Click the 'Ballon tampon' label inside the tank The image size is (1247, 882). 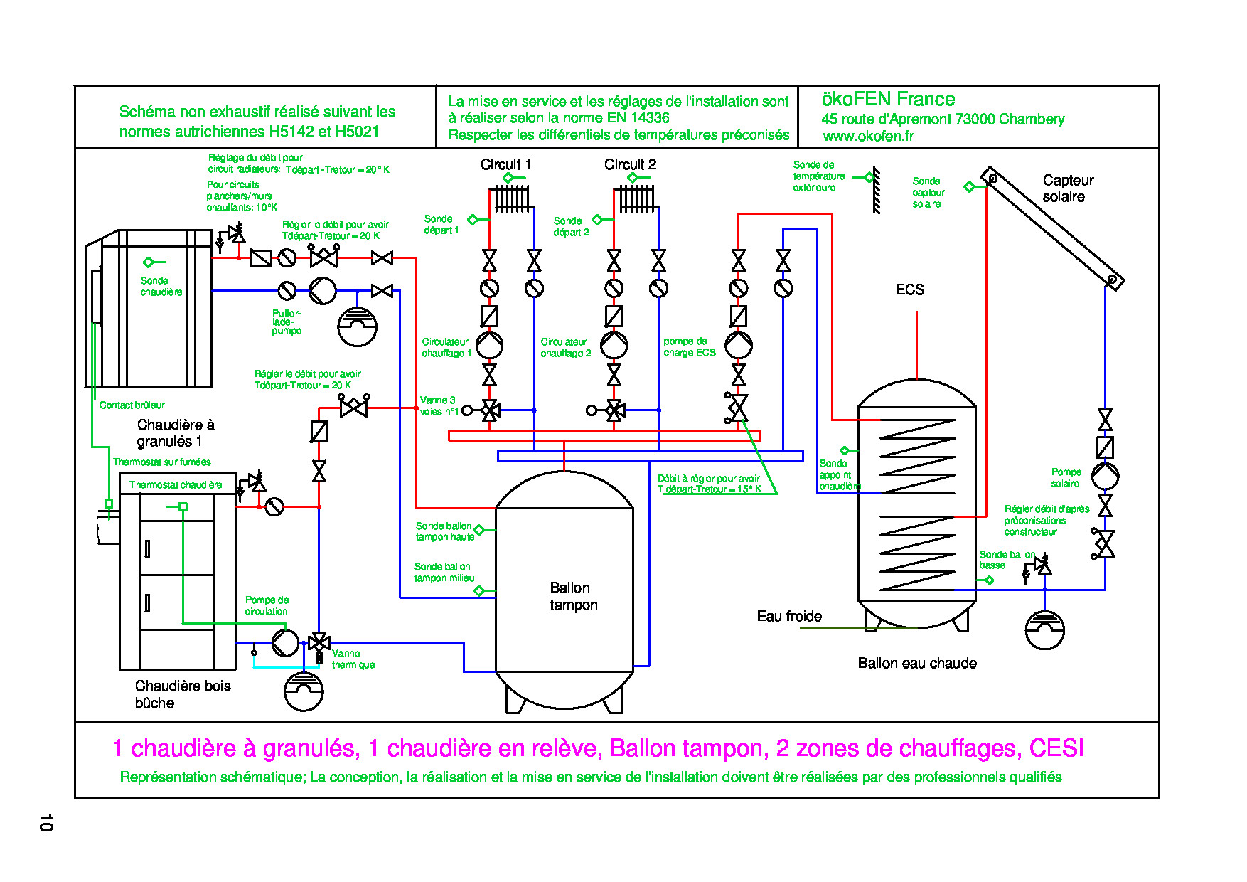point(573,596)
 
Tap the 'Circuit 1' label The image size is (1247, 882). point(505,164)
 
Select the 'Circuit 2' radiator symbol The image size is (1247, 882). point(636,198)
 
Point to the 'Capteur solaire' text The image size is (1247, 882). point(1067,188)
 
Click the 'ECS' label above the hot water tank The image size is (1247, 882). point(909,289)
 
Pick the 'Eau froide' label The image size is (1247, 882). point(789,616)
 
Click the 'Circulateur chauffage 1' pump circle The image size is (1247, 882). point(489,345)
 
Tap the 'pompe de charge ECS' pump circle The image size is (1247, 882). point(739,345)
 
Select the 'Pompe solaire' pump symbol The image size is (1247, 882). point(1105,475)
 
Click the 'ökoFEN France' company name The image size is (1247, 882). point(888,99)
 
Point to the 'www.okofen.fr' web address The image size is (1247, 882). point(868,136)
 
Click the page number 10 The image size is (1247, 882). point(46,822)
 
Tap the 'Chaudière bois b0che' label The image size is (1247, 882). point(183,694)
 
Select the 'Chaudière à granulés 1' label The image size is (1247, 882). point(175,433)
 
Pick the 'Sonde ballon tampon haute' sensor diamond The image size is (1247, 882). point(479,530)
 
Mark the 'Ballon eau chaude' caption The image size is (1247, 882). point(916,663)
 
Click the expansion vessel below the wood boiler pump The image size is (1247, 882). point(304,691)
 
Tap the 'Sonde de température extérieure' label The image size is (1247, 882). point(818,176)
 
